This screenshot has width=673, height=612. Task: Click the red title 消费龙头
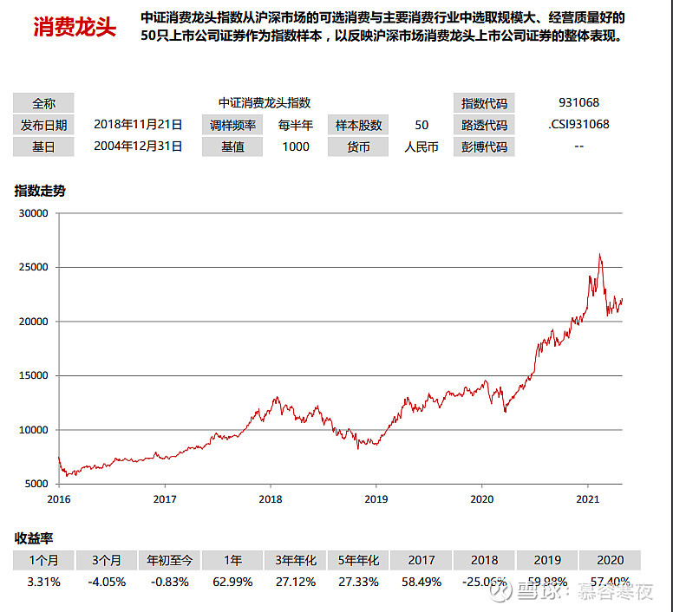(75, 27)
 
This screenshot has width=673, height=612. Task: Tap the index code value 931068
(579, 102)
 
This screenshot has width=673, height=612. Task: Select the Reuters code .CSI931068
(579, 124)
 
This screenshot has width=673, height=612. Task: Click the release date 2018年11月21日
(138, 125)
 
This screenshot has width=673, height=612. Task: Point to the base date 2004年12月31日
(138, 146)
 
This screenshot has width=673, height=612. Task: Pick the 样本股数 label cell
(359, 125)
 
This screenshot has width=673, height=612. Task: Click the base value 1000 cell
(296, 146)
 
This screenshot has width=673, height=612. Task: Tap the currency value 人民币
(421, 146)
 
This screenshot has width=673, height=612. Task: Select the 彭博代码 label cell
(484, 146)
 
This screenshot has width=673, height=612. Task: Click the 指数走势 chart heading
(40, 191)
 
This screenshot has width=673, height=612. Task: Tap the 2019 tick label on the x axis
(376, 498)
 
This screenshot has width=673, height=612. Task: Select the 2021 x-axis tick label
(588, 498)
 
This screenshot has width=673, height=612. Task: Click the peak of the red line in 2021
(599, 254)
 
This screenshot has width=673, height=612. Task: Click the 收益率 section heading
(34, 538)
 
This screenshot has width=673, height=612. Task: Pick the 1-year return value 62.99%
(233, 582)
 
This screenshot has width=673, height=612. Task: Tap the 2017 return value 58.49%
(421, 582)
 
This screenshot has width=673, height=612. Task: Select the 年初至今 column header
(170, 560)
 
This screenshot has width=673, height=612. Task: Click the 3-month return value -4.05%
(108, 582)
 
